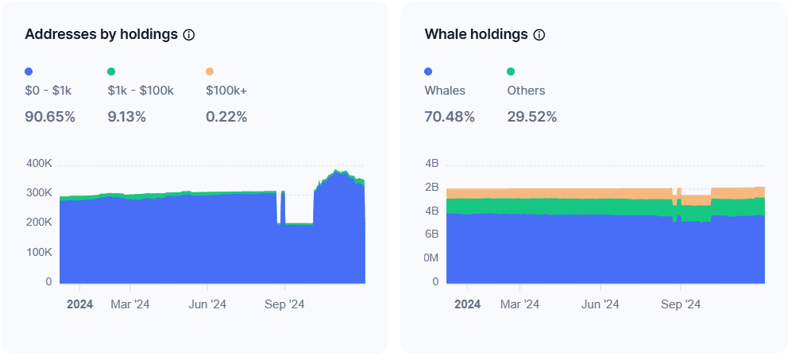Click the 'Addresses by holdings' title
click(101, 35)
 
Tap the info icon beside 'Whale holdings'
click(539, 35)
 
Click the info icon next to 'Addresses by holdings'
click(189, 35)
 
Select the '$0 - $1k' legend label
click(48, 91)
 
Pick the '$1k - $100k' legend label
click(141, 91)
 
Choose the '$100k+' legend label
click(226, 91)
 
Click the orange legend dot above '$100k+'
click(210, 72)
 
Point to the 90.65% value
click(50, 117)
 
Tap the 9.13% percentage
click(127, 117)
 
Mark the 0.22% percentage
click(226, 117)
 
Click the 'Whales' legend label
click(445, 91)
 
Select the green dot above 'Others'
click(511, 72)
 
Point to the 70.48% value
click(450, 117)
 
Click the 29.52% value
click(532, 117)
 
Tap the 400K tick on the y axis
click(39, 164)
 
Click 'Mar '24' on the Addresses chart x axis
click(129, 304)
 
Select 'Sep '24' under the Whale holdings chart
click(682, 304)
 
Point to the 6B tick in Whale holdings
click(431, 234)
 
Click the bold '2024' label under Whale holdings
click(467, 304)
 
